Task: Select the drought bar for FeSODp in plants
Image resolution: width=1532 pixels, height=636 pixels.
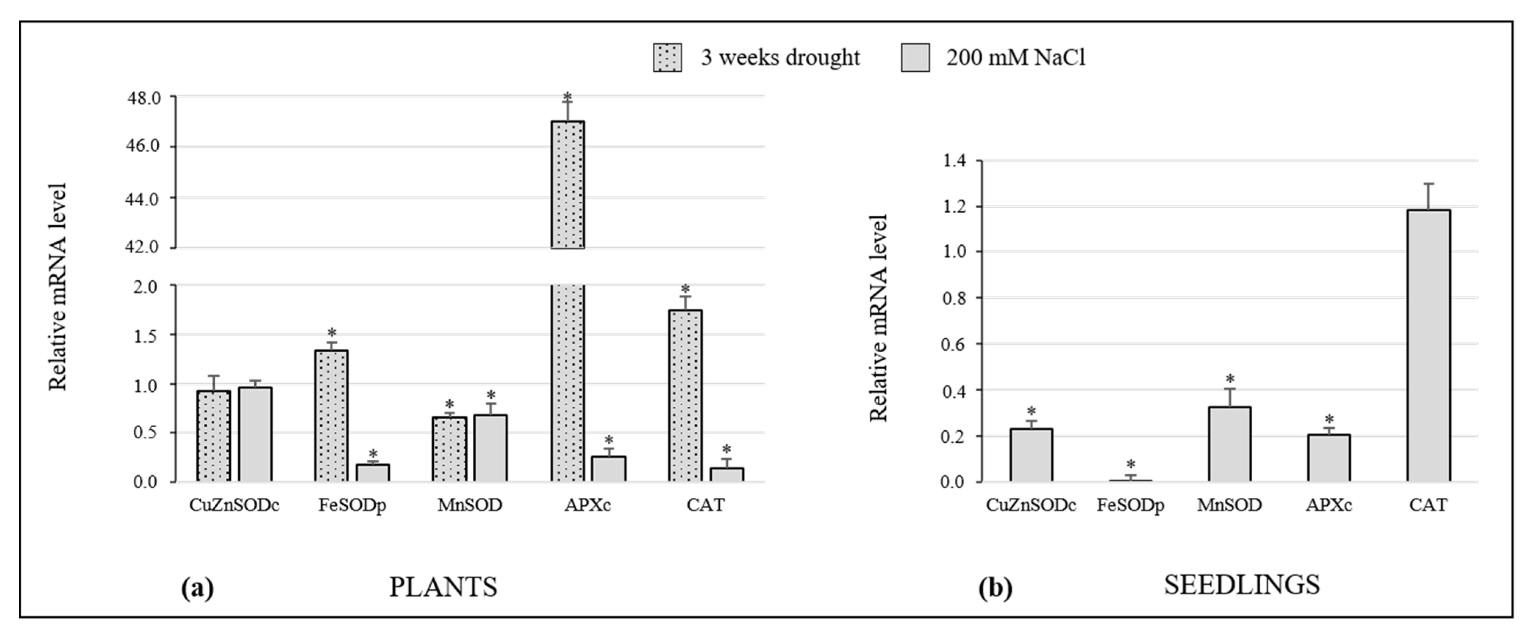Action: coord(331,416)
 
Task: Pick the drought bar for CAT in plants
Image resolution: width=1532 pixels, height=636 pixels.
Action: coord(685,395)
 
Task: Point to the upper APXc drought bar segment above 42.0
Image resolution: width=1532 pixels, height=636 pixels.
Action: coord(568,184)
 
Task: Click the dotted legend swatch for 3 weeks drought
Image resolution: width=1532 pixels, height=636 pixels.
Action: coord(667,58)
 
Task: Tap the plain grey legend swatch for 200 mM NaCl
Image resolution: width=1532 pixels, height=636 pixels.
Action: coord(915,58)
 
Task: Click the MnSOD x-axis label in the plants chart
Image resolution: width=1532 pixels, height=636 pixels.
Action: coord(470,505)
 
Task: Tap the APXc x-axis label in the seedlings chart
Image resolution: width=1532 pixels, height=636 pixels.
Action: coord(1329,505)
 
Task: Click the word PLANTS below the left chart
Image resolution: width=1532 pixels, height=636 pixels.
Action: coord(443,587)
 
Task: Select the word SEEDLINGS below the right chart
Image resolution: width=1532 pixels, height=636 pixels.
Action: coord(1242,585)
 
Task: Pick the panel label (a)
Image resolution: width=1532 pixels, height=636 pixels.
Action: coord(197,589)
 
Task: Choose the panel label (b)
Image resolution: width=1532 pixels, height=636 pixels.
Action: coord(995,589)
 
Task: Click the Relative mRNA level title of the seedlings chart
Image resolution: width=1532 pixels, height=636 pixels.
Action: coord(878,318)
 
